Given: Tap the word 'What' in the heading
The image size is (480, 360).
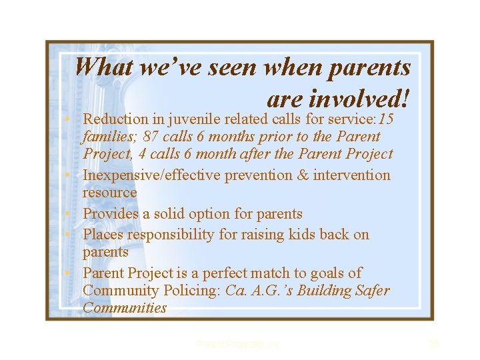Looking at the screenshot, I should click(x=101, y=67).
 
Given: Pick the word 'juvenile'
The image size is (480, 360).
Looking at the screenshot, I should click(x=196, y=119).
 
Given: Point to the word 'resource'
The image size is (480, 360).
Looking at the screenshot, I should click(x=109, y=193).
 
